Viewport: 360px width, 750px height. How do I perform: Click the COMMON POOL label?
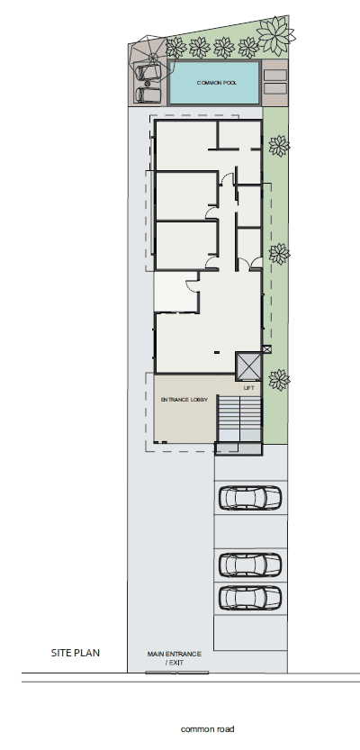tap(215, 82)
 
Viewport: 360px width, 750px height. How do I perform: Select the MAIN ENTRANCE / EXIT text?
tap(174, 657)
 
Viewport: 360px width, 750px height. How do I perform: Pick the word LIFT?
tap(249, 387)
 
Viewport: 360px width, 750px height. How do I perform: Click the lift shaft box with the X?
tap(247, 366)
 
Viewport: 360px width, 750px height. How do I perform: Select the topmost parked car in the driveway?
tap(250, 497)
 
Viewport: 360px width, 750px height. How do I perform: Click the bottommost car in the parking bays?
tap(250, 597)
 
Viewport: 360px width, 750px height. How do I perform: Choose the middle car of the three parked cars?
tap(250, 565)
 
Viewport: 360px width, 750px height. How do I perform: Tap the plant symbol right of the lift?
tap(278, 379)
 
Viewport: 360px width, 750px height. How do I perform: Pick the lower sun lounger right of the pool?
tap(275, 88)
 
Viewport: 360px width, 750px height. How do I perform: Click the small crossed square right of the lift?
tap(267, 348)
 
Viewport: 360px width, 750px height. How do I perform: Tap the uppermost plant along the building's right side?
tap(279, 145)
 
